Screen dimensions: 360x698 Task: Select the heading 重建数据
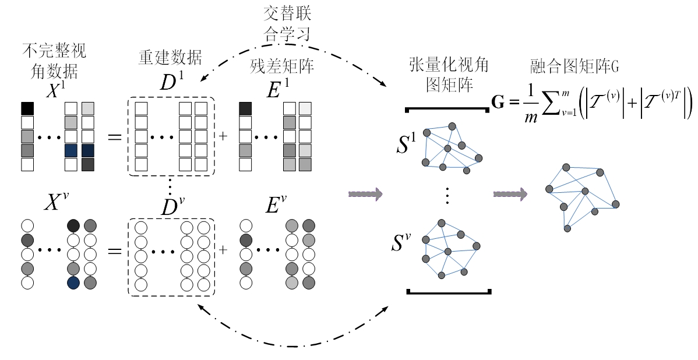[x=170, y=58]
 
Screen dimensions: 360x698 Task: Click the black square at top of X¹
[x=27, y=108]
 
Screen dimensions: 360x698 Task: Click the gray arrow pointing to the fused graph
[x=510, y=193]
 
